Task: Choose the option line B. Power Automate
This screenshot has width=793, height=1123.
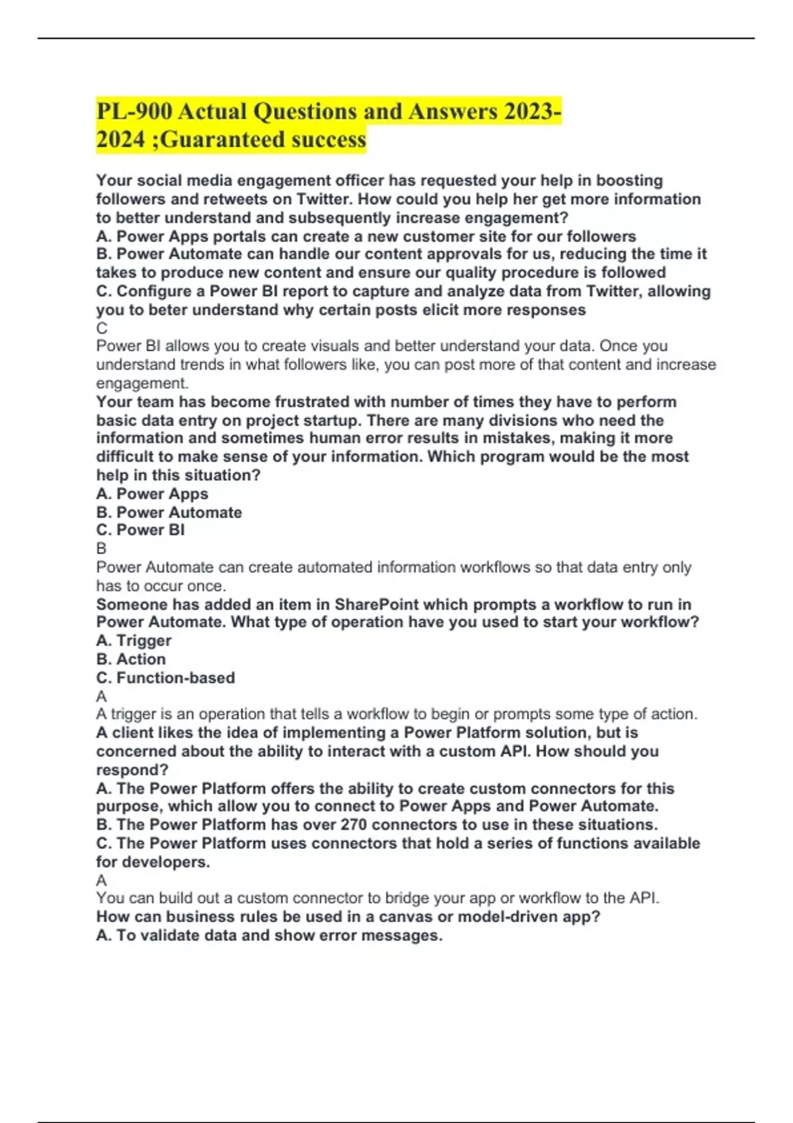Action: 169,512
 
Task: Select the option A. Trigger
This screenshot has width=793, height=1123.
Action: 134,640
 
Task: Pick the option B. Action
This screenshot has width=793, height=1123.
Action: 132,659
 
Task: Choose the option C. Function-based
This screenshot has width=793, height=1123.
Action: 166,677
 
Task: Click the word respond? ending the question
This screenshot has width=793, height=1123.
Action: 132,770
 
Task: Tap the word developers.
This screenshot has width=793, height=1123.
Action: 165,861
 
